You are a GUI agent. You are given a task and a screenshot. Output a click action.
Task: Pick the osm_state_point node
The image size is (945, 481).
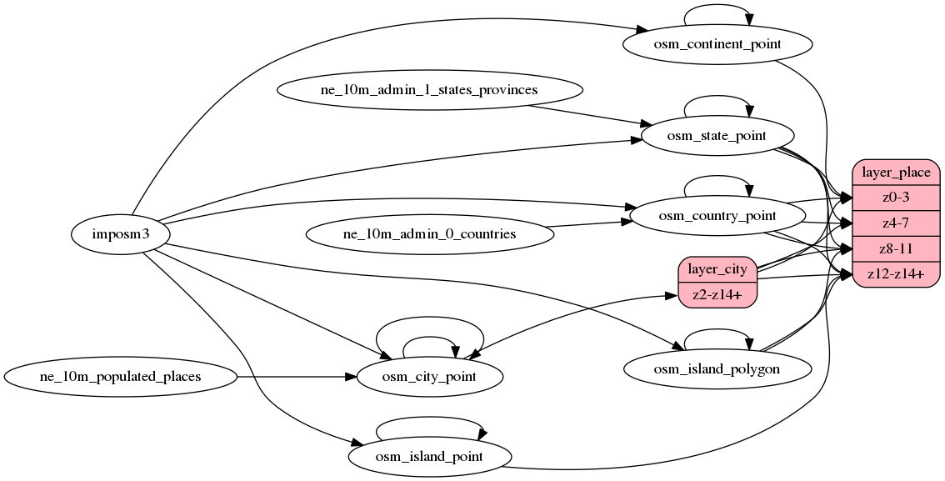pyautogui.click(x=717, y=135)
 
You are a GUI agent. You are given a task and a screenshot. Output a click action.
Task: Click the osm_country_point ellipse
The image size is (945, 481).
pyautogui.click(x=717, y=216)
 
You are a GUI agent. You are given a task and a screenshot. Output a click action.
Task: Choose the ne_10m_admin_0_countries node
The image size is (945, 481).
pyautogui.click(x=429, y=234)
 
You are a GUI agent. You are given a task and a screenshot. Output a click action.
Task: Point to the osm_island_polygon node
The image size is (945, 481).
pyautogui.click(x=717, y=369)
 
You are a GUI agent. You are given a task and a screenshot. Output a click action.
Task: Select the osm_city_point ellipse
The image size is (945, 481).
pyautogui.click(x=429, y=377)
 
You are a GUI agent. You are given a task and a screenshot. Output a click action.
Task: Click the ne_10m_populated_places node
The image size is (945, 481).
pyautogui.click(x=121, y=377)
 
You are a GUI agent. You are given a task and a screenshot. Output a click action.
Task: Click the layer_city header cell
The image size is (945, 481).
pyautogui.click(x=717, y=269)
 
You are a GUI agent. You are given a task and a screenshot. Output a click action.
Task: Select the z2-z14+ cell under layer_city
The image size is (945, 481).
pyautogui.click(x=717, y=294)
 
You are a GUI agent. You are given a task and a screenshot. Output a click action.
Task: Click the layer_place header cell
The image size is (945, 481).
pyautogui.click(x=896, y=172)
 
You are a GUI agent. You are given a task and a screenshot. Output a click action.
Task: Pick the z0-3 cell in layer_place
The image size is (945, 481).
pyautogui.click(x=896, y=198)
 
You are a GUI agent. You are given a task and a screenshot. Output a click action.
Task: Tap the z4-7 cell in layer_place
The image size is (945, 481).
pyautogui.click(x=896, y=223)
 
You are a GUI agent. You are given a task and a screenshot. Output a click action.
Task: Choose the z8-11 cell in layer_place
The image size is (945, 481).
pyautogui.click(x=896, y=249)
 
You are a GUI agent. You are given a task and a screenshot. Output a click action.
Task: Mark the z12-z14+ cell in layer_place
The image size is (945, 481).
pyautogui.click(x=896, y=275)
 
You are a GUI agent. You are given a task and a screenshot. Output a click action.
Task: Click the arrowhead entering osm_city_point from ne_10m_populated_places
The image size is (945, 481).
pyautogui.click(x=351, y=377)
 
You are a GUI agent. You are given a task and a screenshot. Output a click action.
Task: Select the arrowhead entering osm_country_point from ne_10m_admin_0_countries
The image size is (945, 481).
pyautogui.click(x=624, y=222)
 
